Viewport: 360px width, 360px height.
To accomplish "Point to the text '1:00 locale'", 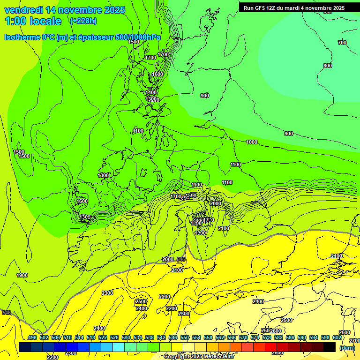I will click(33, 21).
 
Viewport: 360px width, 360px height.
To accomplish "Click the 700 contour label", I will click(342, 43).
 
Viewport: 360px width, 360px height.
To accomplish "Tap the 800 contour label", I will click(328, 66).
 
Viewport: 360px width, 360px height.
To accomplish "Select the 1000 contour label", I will click(252, 142).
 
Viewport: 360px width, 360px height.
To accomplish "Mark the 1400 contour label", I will click(151, 92).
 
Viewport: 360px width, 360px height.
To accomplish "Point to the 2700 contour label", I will click(354, 340).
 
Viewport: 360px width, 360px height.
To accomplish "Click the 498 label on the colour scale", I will click(32, 338).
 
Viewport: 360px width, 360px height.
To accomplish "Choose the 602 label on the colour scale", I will click(337, 338).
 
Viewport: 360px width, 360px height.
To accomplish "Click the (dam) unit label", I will click(347, 347).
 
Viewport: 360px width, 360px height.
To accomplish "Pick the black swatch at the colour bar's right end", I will click(330, 347).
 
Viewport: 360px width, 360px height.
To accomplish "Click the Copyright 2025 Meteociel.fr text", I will click(199, 357).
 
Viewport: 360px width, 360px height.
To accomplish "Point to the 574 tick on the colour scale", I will click(255, 338).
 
